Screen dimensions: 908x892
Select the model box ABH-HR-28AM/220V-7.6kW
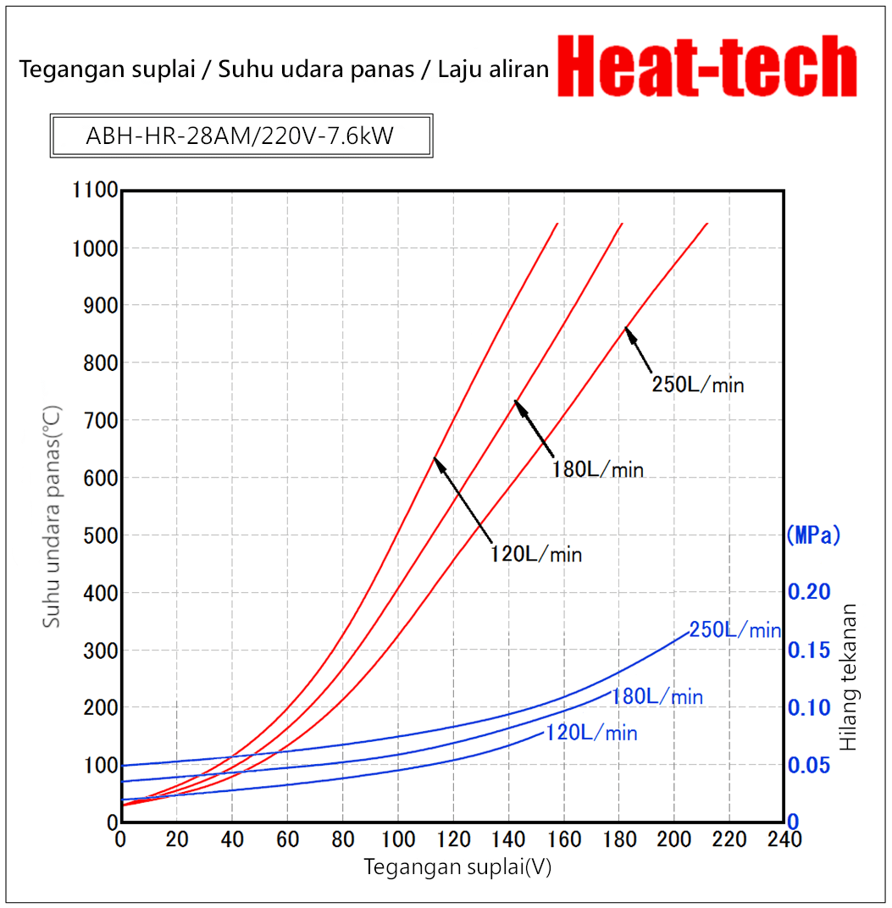pos(241,136)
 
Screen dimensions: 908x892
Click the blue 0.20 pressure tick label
pos(810,592)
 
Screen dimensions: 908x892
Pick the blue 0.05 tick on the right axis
pos(810,765)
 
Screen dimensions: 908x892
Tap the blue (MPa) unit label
pos(813,535)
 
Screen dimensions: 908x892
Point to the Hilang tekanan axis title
pos(850,677)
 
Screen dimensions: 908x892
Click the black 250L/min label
pos(697,385)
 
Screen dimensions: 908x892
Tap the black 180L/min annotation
pos(598,469)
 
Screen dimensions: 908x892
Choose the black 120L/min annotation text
pos(535,554)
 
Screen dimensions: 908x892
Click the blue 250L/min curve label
pos(734,630)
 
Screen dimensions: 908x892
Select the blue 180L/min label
pos(657,697)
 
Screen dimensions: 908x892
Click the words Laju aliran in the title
pos(494,69)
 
